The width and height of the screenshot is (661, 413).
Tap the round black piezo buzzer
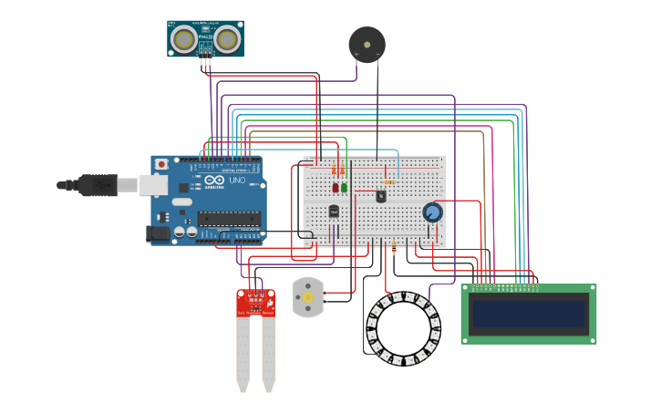click(x=367, y=44)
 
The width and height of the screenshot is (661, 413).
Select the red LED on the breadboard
click(x=336, y=188)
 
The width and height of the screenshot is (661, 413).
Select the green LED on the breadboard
click(x=344, y=188)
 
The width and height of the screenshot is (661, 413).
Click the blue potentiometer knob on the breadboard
click(x=432, y=212)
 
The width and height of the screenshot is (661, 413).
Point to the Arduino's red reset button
click(x=161, y=164)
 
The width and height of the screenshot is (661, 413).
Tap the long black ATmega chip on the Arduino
click(x=229, y=218)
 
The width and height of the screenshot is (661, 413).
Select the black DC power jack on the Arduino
click(x=160, y=233)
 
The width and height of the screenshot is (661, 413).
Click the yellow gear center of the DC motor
click(x=307, y=298)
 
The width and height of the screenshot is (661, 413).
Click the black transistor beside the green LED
click(x=380, y=195)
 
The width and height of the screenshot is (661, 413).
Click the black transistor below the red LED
click(x=334, y=211)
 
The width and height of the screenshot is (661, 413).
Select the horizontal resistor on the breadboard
click(x=389, y=181)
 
